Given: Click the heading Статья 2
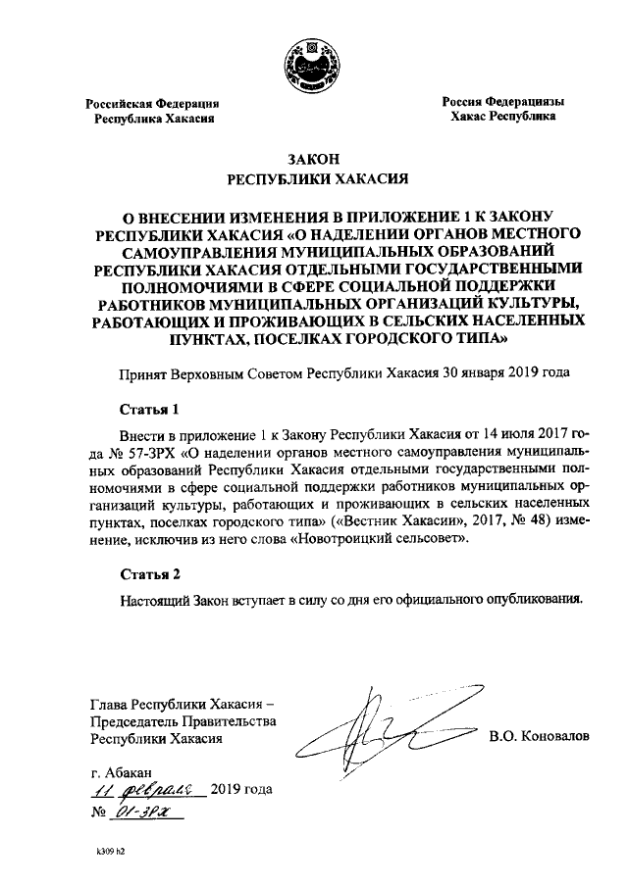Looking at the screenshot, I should [x=149, y=573].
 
